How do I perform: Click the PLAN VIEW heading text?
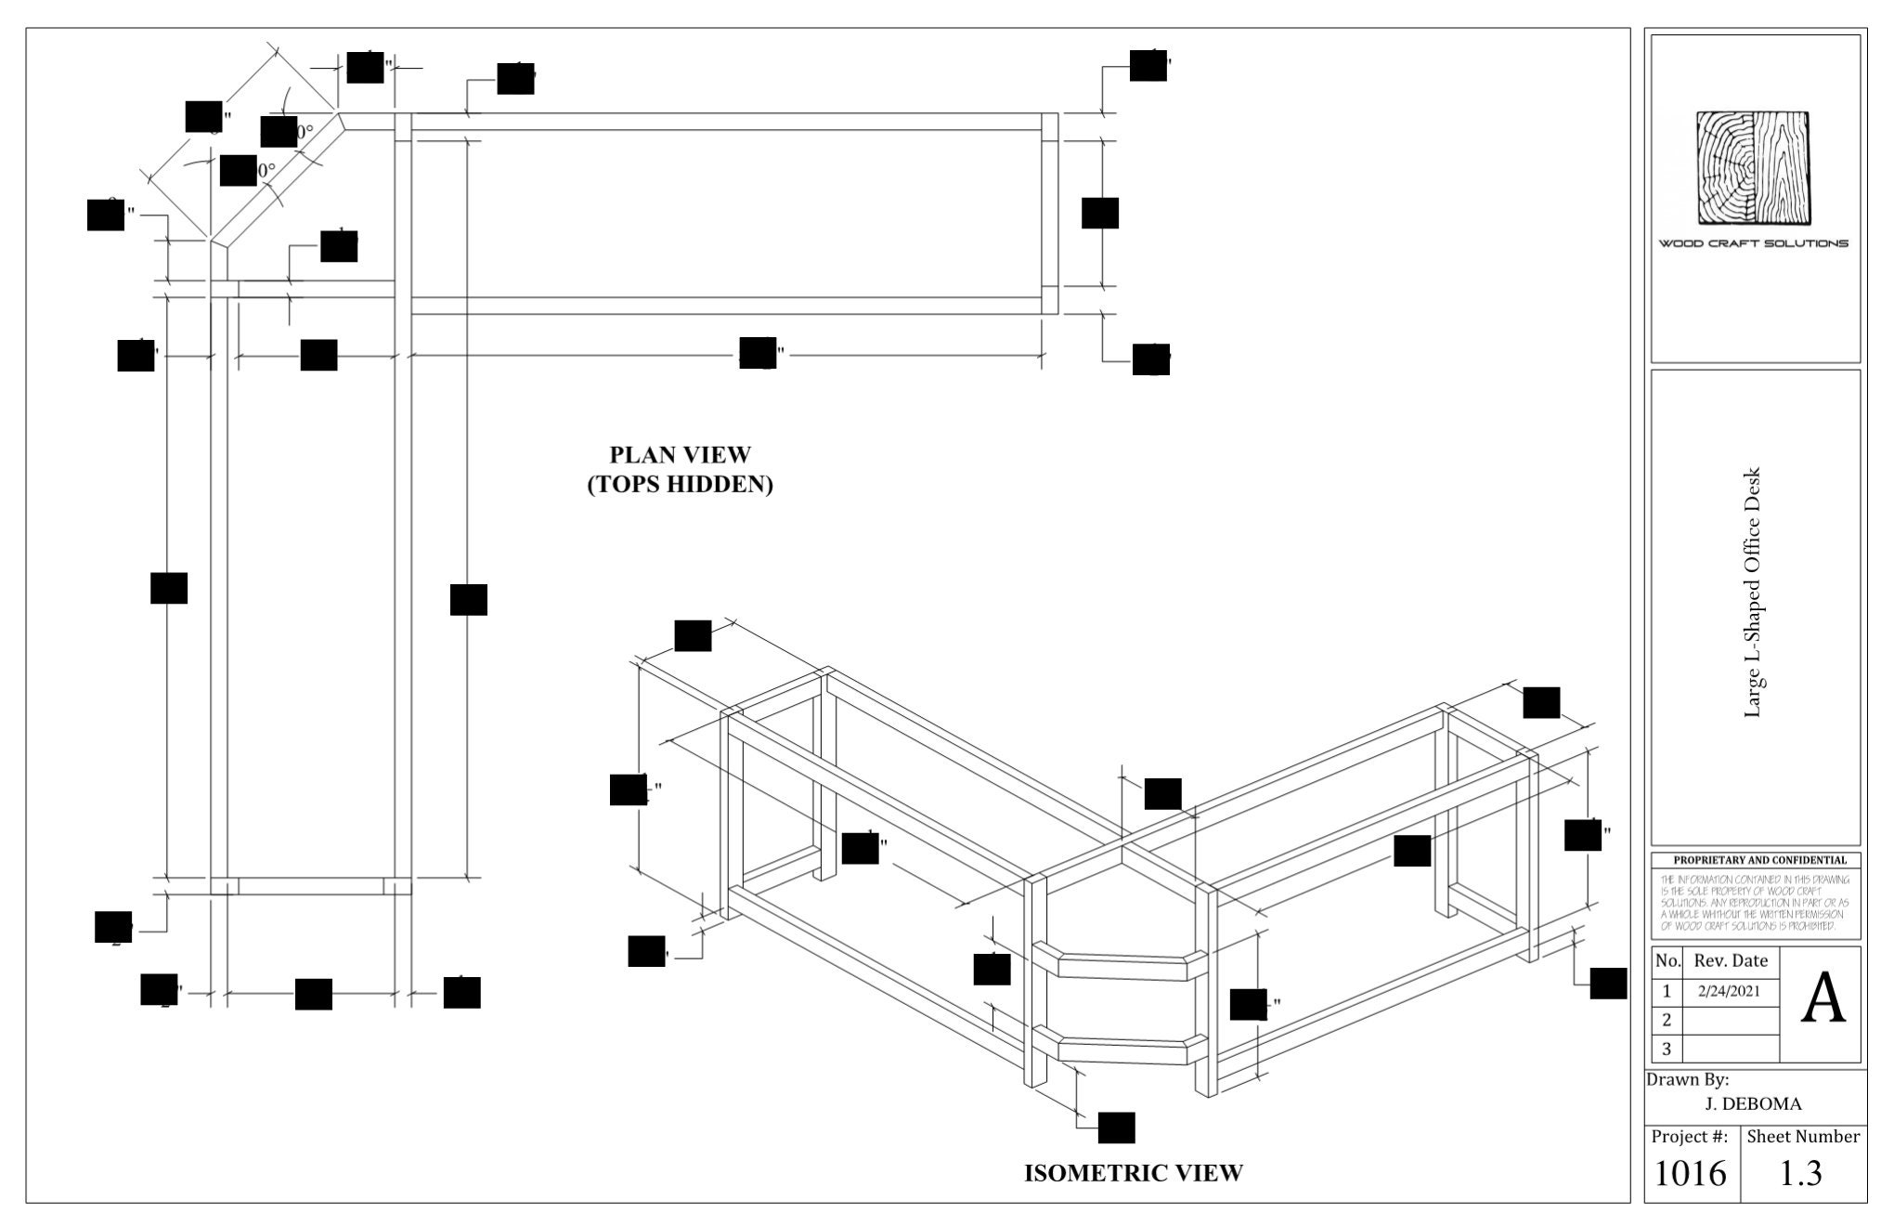pos(680,454)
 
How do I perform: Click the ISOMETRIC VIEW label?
pos(1133,1173)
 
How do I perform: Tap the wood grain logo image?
pos(1754,168)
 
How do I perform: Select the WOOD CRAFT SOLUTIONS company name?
pos(1754,243)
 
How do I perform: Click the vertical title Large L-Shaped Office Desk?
pos(1753,592)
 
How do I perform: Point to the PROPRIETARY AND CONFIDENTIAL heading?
pos(1754,860)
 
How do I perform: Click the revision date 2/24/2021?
pos(1729,991)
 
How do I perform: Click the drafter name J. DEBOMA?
pos(1753,1104)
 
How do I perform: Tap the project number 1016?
pos(1691,1174)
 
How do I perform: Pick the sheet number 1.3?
pos(1801,1174)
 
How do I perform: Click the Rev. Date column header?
pos(1731,961)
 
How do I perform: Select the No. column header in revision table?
pos(1667,961)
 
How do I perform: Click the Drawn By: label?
pos(1687,1080)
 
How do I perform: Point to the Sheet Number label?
pos(1802,1137)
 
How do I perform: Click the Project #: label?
pos(1690,1137)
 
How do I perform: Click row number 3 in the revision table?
pos(1667,1049)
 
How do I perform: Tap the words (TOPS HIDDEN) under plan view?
pos(680,485)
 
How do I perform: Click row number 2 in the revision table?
pos(1667,1020)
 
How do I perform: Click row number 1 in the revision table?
pos(1667,991)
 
